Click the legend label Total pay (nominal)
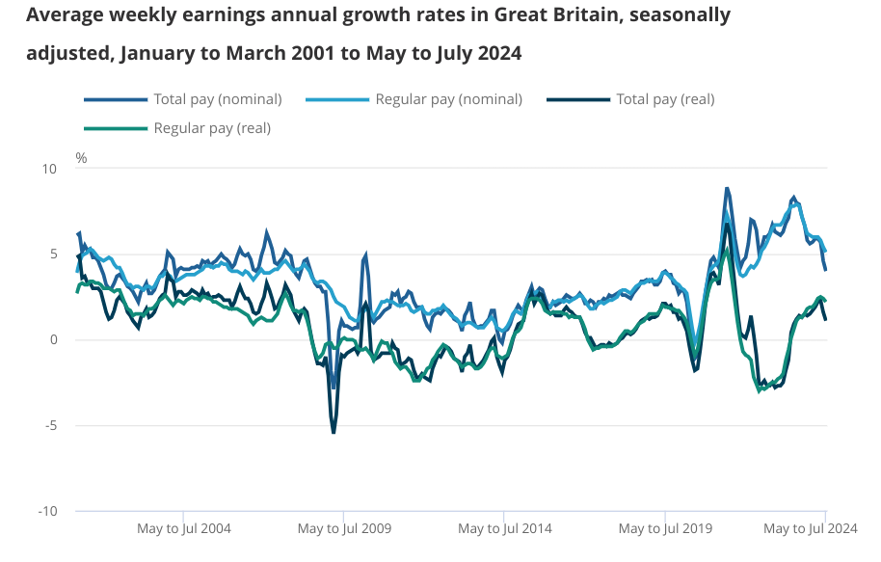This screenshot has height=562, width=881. pyautogui.click(x=217, y=99)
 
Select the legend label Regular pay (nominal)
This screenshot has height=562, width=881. pyautogui.click(x=448, y=99)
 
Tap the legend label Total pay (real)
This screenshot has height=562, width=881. pyautogui.click(x=665, y=99)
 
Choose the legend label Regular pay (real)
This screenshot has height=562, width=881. pyautogui.click(x=212, y=128)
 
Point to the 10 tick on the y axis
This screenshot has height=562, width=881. pyautogui.click(x=48, y=169)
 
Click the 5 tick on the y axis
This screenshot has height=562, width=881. pyautogui.click(x=53, y=254)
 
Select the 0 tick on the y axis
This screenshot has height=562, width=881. pyautogui.click(x=53, y=339)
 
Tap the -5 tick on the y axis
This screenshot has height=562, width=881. pyautogui.click(x=50, y=425)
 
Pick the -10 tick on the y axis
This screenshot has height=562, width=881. pyautogui.click(x=47, y=511)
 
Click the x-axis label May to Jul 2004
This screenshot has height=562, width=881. pyautogui.click(x=183, y=529)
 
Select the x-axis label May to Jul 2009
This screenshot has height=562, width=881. pyautogui.click(x=344, y=529)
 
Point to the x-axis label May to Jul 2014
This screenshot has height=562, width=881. pyautogui.click(x=504, y=529)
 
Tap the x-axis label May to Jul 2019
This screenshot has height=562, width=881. pyautogui.click(x=664, y=529)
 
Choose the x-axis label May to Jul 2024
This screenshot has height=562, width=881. pyautogui.click(x=810, y=529)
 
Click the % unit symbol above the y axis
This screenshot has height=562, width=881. pyautogui.click(x=81, y=158)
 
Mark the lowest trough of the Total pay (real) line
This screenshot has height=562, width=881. pyautogui.click(x=334, y=433)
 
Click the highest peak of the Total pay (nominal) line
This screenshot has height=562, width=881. pyautogui.click(x=727, y=188)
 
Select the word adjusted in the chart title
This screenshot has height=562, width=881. pyautogui.click(x=67, y=53)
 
